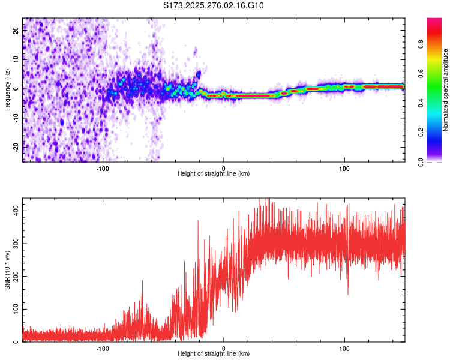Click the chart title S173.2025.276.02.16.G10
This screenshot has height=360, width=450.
point(214,6)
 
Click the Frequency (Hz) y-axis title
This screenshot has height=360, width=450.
point(7,90)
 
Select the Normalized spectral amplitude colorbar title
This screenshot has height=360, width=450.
point(445,90)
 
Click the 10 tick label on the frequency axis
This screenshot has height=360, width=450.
point(16,59)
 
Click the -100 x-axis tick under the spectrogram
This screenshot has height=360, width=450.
point(103,168)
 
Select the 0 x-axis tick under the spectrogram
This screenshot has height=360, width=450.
point(224,168)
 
